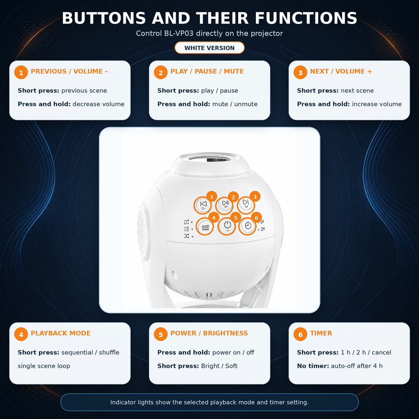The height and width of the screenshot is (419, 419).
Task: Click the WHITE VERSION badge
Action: [209, 48]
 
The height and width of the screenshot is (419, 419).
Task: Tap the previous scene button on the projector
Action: [203, 205]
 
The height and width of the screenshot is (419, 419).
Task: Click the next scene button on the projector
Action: [246, 204]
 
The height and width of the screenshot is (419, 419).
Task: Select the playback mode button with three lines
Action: [205, 227]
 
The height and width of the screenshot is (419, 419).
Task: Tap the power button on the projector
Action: [227, 226]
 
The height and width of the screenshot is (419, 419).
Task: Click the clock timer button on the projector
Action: [248, 226]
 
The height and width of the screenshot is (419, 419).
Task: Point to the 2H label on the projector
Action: [263, 229]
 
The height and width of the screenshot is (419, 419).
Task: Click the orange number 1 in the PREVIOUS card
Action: [21, 73]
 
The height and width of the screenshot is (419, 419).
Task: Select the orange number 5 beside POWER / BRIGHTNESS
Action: [161, 334]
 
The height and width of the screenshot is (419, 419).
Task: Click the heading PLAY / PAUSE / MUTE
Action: [207, 71]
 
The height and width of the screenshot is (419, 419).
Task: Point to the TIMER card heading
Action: [321, 333]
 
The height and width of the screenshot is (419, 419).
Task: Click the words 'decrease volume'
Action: [99, 104]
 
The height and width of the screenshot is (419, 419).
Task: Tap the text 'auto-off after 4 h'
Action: [357, 366]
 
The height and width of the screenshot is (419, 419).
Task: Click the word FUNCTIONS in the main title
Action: [306, 18]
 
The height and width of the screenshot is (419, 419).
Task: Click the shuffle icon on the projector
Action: [186, 236]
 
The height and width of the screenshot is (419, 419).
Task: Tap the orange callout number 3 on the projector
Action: [255, 197]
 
